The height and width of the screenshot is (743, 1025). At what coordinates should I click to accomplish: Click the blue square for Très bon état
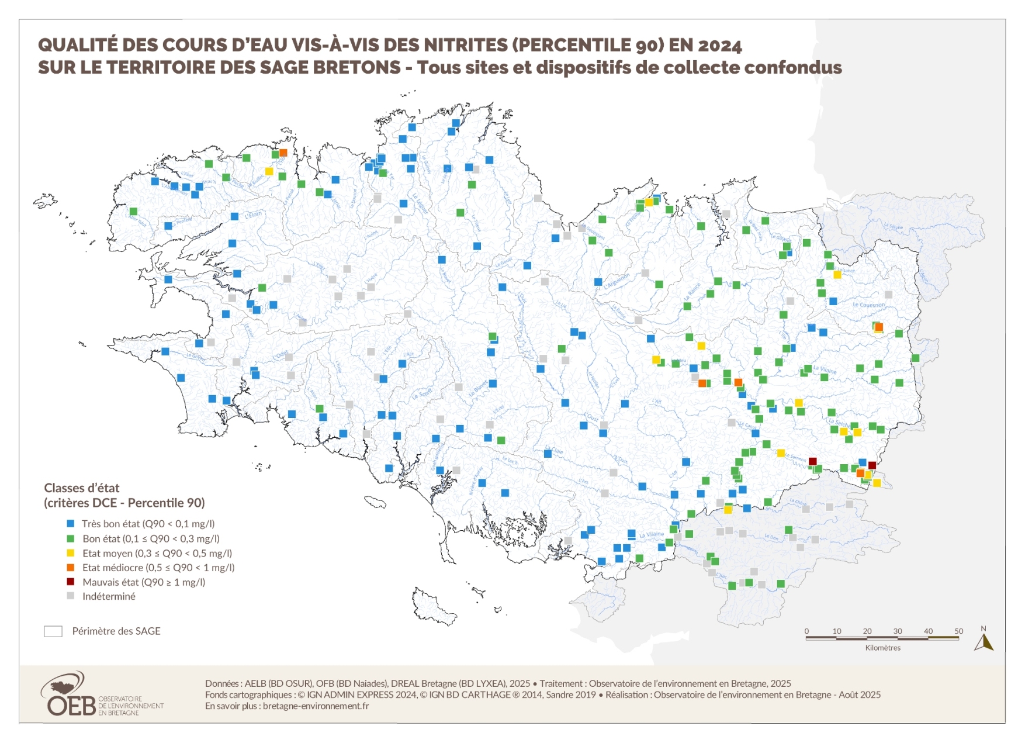71,524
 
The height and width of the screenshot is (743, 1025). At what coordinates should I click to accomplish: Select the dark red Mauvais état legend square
71,582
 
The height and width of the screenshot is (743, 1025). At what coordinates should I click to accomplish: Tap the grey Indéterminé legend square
71,596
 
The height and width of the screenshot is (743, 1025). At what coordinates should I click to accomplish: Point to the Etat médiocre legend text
158,568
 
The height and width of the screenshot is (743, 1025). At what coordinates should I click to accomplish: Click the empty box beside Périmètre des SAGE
53,631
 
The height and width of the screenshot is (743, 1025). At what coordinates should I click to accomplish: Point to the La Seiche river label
839,422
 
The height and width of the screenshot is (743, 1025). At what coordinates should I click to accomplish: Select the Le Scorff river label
422,393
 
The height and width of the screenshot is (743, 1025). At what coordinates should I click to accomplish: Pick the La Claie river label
554,451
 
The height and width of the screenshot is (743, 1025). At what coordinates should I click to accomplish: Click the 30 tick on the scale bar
898,631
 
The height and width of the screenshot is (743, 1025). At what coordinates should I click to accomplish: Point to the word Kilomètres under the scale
882,648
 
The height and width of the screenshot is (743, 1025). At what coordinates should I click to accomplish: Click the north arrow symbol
984,641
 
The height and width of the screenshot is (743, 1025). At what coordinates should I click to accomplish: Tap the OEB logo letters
71,706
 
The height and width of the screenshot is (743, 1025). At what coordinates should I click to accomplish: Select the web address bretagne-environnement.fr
316,706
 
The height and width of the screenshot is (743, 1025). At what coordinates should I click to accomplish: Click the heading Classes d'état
82,488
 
